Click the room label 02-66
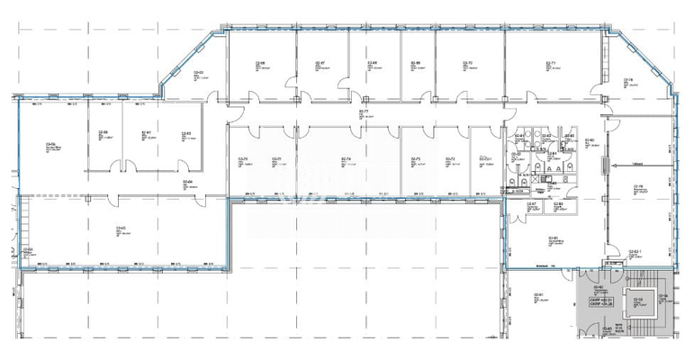260,62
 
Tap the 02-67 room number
320,62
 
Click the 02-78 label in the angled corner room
629,79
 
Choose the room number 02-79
636,186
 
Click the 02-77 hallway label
365,111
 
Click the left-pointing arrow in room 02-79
611,164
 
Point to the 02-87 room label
531,204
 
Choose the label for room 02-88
558,204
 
